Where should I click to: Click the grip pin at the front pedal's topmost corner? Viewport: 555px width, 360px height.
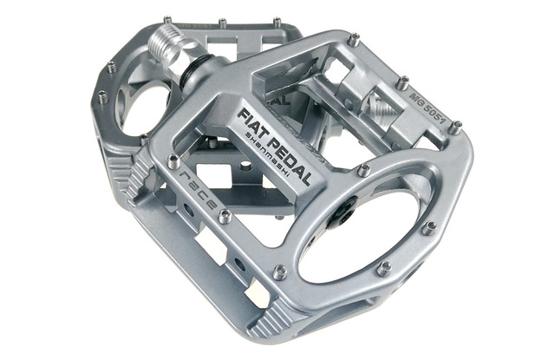point(353,39)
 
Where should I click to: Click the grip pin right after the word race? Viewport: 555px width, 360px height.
point(225,216)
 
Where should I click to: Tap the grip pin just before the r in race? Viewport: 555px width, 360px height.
point(173,161)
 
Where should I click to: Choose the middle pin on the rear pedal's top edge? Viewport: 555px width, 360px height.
point(222,23)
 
